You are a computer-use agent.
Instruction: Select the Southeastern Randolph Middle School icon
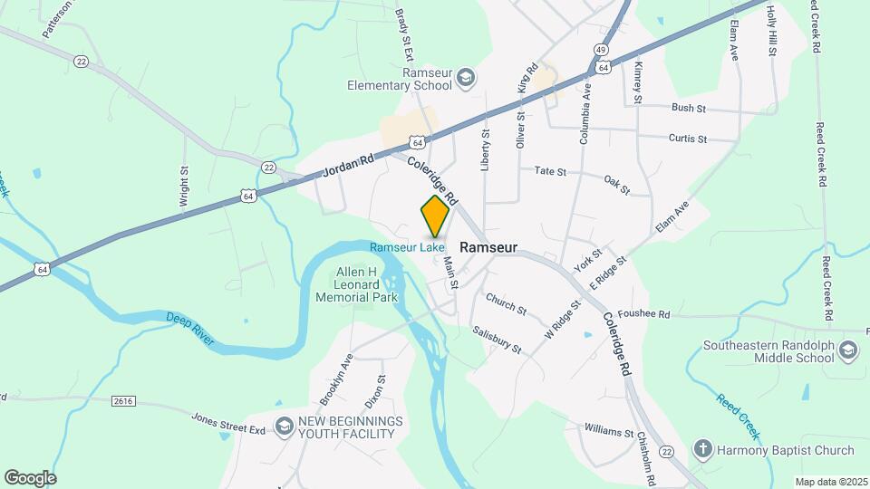pos(848,350)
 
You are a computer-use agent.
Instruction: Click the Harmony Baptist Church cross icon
pos(702,449)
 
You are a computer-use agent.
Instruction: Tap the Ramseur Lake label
pos(407,246)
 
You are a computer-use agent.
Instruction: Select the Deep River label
pos(189,328)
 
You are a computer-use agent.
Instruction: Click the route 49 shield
pos(601,49)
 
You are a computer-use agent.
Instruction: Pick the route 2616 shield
pos(125,400)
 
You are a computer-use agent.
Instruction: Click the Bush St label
pos(689,108)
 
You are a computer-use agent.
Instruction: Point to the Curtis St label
pos(687,139)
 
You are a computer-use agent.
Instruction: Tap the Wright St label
pos(183,186)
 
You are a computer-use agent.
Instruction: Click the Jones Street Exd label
pos(227,421)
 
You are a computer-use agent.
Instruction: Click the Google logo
pos(30,477)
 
